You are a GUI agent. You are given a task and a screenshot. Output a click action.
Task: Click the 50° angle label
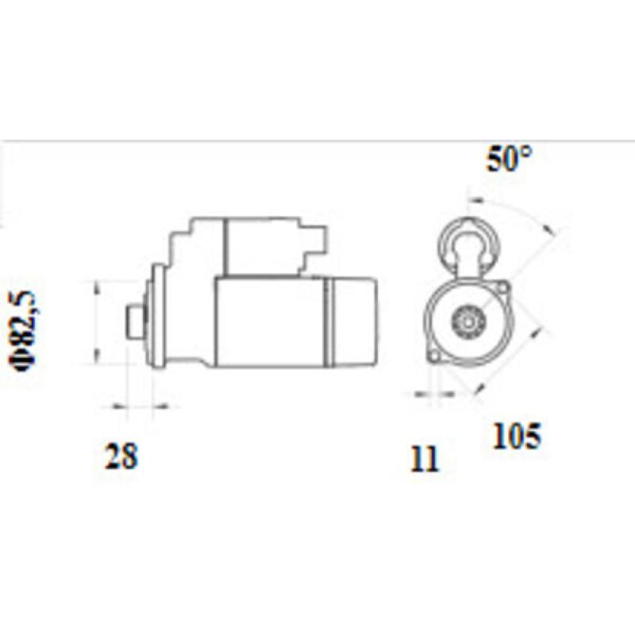click(510, 160)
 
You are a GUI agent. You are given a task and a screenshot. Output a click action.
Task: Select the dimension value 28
click(121, 456)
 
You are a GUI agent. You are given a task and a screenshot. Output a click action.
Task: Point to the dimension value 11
click(425, 460)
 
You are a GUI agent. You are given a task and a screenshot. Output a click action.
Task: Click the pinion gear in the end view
click(466, 321)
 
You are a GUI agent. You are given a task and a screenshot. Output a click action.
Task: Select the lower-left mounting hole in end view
click(433, 358)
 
